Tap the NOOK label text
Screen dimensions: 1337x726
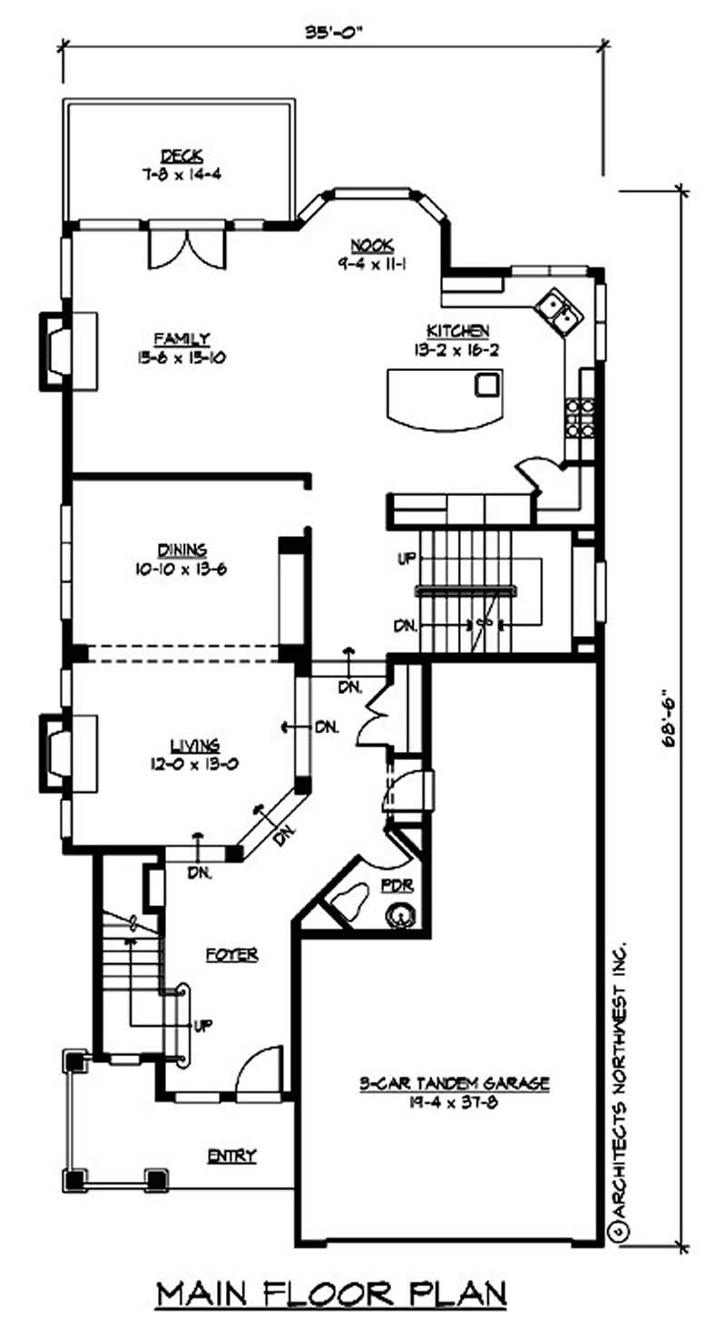tap(371, 244)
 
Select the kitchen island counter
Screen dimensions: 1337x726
tap(444, 397)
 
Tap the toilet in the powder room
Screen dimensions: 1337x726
tap(351, 902)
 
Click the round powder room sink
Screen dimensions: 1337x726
tap(399, 916)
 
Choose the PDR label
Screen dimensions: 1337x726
tap(398, 884)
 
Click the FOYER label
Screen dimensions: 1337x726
tap(231, 954)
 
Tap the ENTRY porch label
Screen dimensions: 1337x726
tap(231, 1156)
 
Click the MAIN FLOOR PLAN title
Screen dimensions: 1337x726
tap(331, 1293)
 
